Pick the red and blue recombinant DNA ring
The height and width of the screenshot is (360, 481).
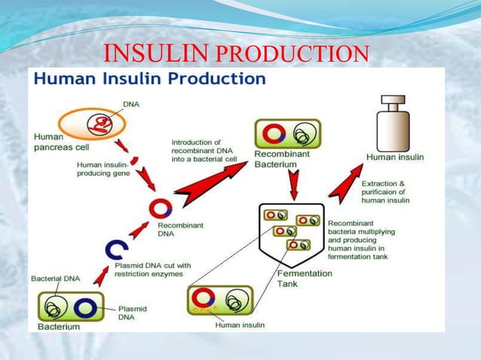[160, 209]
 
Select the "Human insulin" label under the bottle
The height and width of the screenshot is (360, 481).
[395, 157]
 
